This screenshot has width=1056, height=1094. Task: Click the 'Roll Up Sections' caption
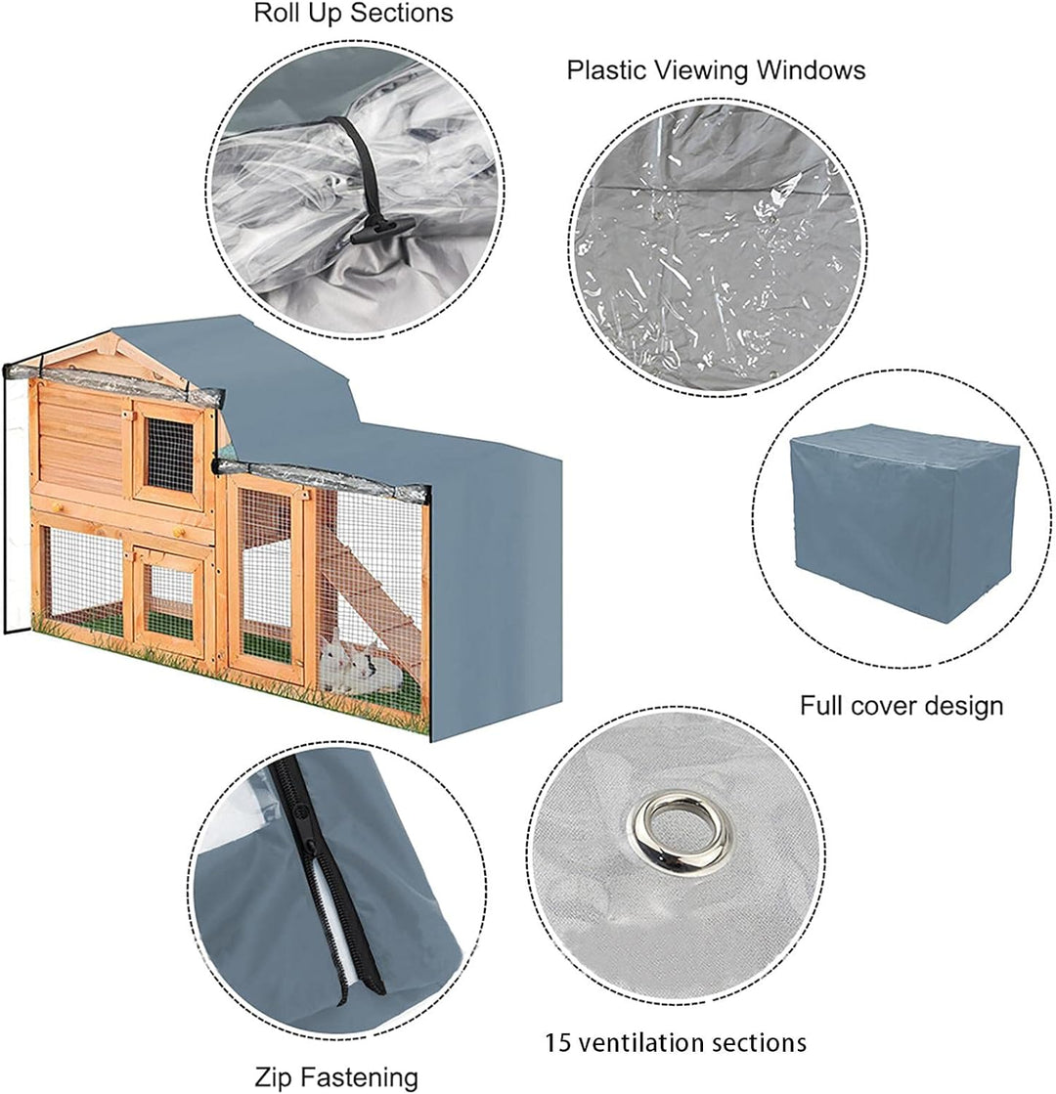point(353,14)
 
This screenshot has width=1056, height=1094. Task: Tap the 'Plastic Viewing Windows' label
point(716,70)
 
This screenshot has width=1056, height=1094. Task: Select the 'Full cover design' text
point(902,706)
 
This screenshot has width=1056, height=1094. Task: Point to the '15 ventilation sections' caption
point(675,1043)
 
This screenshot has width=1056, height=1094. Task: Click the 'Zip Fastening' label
point(335,1077)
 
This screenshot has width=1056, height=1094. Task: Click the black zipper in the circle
point(327,883)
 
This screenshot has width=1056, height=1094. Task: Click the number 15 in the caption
point(557,1043)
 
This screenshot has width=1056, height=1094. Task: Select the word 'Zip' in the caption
point(272,1077)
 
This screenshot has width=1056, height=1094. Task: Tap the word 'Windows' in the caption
point(811,70)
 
